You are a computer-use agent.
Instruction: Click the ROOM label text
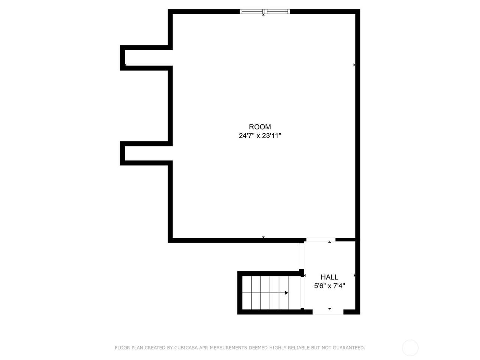tap(260, 127)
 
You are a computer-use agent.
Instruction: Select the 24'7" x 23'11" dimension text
tap(260, 136)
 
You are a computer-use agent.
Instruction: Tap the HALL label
tap(329, 277)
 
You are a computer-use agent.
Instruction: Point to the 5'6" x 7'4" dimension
tap(329, 286)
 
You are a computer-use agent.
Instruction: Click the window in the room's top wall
tap(265, 12)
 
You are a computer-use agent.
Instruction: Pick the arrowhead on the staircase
tap(286, 293)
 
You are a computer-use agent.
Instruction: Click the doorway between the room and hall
tap(321, 240)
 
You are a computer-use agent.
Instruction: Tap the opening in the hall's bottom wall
tap(328, 312)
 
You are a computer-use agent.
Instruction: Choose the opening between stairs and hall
tap(302, 293)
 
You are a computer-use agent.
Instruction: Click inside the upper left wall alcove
tap(146, 58)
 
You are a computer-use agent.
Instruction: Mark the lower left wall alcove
tap(146, 153)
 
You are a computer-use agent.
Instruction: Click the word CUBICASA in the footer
tap(186, 348)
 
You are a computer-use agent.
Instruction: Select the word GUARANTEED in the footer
tap(348, 348)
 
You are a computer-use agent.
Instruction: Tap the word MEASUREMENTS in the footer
tap(228, 348)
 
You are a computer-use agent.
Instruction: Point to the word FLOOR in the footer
tap(122, 348)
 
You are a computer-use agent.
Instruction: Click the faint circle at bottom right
tap(410, 348)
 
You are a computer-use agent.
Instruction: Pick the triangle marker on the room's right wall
tap(354, 65)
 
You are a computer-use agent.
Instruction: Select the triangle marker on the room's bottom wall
tap(263, 237)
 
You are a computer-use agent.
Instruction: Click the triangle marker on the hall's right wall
tap(354, 276)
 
